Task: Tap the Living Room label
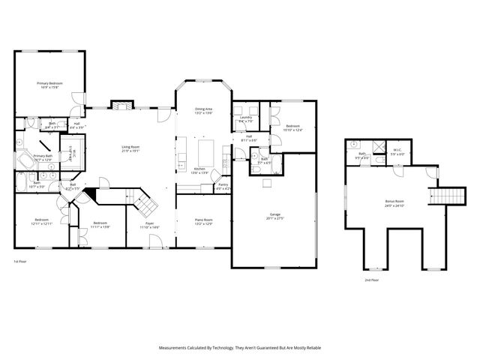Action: (131, 148)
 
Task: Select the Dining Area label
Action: (204, 111)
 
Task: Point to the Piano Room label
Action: (203, 221)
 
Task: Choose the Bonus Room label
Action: (394, 202)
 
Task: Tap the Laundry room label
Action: (245, 119)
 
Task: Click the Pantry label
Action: (223, 186)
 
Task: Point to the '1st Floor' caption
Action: (21, 261)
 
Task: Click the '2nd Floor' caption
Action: (372, 279)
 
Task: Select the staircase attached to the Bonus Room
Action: (439, 196)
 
